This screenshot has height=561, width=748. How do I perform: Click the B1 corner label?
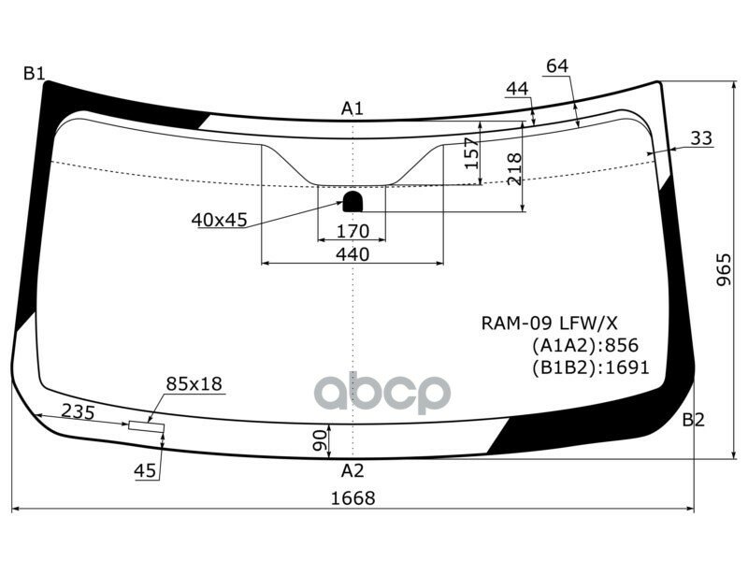pyautogui.click(x=35, y=73)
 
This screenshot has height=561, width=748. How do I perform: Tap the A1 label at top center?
pyautogui.click(x=352, y=109)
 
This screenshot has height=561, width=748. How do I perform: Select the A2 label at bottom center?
pyautogui.click(x=352, y=469)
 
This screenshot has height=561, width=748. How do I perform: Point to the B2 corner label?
pyautogui.click(x=693, y=420)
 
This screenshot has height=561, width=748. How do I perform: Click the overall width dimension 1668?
pyautogui.click(x=352, y=498)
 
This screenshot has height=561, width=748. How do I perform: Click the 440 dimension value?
pyautogui.click(x=352, y=254)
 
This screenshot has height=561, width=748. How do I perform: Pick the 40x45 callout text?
pyautogui.click(x=219, y=220)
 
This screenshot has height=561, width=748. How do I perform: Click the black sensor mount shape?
pyautogui.click(x=353, y=200)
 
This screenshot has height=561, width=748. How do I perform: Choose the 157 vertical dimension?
pyautogui.click(x=470, y=152)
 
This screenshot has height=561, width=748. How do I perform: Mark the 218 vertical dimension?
pyautogui.click(x=513, y=168)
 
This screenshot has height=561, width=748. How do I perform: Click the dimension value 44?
pyautogui.click(x=517, y=89)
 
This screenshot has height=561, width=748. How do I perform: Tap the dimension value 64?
pyautogui.click(x=557, y=65)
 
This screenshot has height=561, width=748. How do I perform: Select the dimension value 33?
pyautogui.click(x=701, y=138)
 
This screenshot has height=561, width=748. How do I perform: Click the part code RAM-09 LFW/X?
pyautogui.click(x=550, y=324)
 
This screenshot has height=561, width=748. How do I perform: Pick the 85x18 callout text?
pyautogui.click(x=194, y=383)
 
